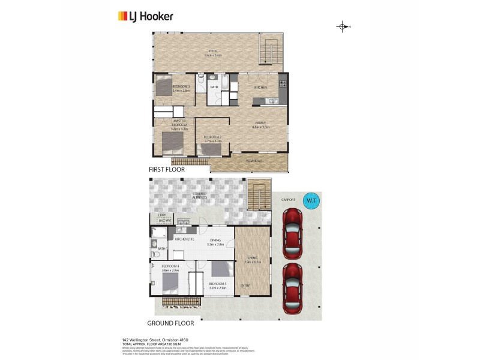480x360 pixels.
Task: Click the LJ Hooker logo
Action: click(145, 16)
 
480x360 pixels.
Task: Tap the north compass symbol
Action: click(343, 26)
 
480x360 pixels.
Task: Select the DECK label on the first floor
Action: click(213, 51)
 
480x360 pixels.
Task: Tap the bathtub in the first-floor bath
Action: click(224, 83)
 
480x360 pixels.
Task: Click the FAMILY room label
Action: click(260, 123)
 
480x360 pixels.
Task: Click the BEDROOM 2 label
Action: click(213, 137)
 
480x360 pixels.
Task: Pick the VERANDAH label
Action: click(254, 161)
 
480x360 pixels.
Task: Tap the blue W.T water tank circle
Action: click(311, 199)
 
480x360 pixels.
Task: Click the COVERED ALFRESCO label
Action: click(199, 196)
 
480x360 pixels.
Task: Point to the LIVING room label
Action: click(253, 258)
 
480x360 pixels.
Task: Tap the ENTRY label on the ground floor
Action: click(245, 285)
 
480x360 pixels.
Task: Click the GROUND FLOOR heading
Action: click(175, 322)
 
